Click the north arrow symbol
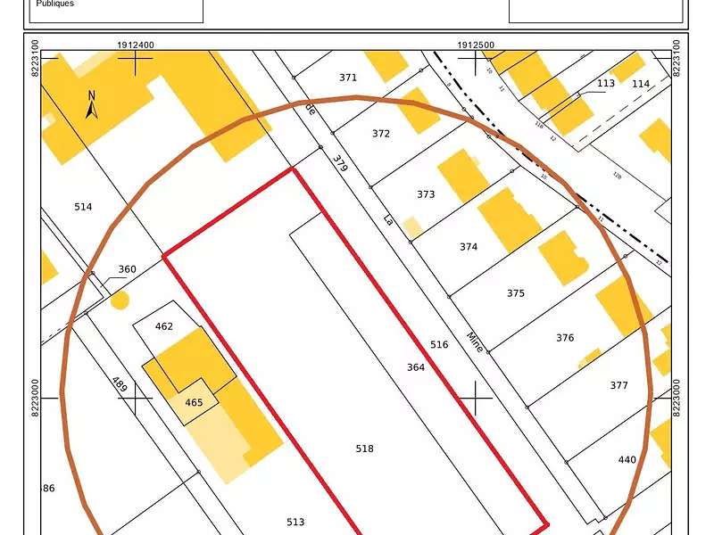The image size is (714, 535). pyautogui.click(x=91, y=105)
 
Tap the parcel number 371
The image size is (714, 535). pyautogui.click(x=348, y=78)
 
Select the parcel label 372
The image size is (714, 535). pyautogui.click(x=381, y=134)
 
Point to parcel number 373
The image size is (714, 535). pyautogui.click(x=426, y=194)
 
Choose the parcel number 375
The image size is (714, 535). pyautogui.click(x=516, y=293)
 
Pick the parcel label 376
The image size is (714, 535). pyautogui.click(x=565, y=338)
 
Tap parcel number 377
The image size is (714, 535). pyautogui.click(x=619, y=385)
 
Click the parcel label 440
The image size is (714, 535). pyautogui.click(x=627, y=460)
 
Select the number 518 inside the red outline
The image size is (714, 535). pyautogui.click(x=364, y=449)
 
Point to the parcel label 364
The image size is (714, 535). pyautogui.click(x=416, y=367)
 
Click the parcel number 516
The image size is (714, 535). pyautogui.click(x=439, y=344)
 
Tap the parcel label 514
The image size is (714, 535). pyautogui.click(x=83, y=207)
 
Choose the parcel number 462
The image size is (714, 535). pyautogui.click(x=164, y=326)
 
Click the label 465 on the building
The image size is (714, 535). pyautogui.click(x=194, y=402)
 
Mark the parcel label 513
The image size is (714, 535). pyautogui.click(x=296, y=522)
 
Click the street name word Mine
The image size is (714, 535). pyautogui.click(x=476, y=342)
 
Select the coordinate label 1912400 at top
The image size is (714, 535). pyautogui.click(x=136, y=45)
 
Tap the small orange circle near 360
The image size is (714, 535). pyautogui.click(x=120, y=300)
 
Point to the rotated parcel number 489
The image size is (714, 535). pyautogui.click(x=120, y=384)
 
